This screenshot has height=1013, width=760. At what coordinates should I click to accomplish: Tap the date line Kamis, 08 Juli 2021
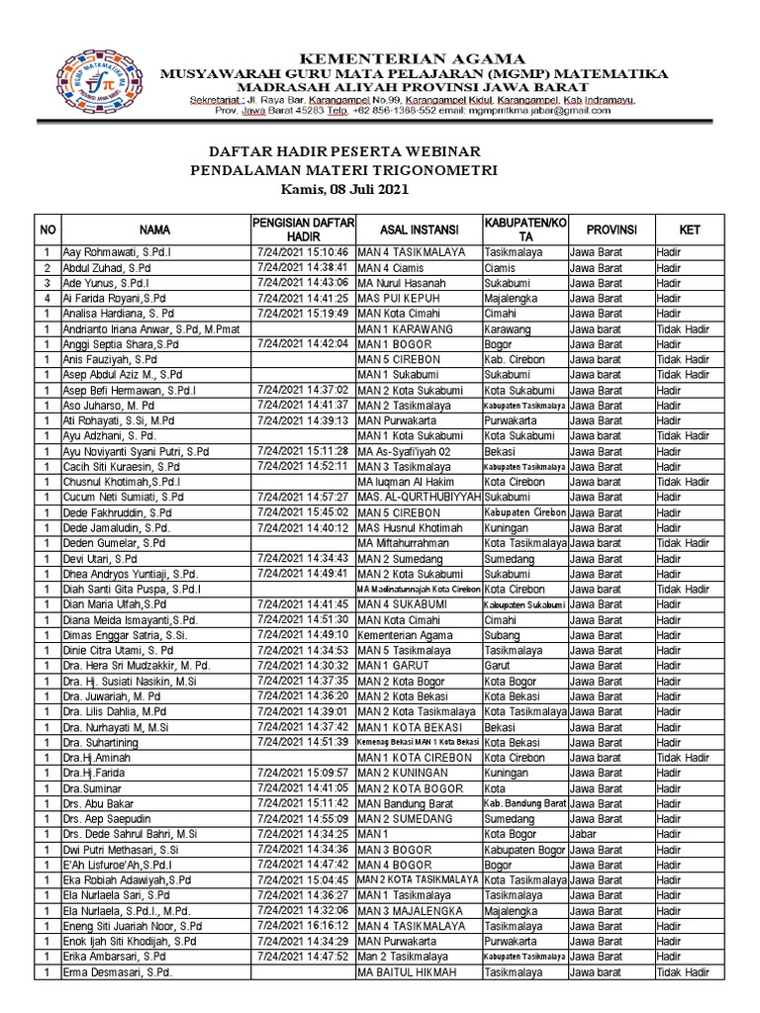click(x=344, y=189)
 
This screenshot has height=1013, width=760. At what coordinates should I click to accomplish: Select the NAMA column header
click(x=154, y=230)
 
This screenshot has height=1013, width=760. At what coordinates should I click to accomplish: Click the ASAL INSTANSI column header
click(x=416, y=230)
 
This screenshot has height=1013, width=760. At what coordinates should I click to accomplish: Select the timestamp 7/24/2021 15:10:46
click(x=302, y=252)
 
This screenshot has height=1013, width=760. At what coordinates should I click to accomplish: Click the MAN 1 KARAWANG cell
click(x=405, y=328)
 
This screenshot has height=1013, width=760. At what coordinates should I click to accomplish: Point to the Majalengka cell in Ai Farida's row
click(x=511, y=298)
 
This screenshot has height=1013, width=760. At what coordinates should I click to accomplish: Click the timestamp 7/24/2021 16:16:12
click(x=302, y=926)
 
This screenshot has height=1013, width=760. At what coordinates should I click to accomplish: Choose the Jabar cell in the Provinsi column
click(x=584, y=834)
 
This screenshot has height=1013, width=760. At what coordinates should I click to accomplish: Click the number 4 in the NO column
click(x=47, y=298)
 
